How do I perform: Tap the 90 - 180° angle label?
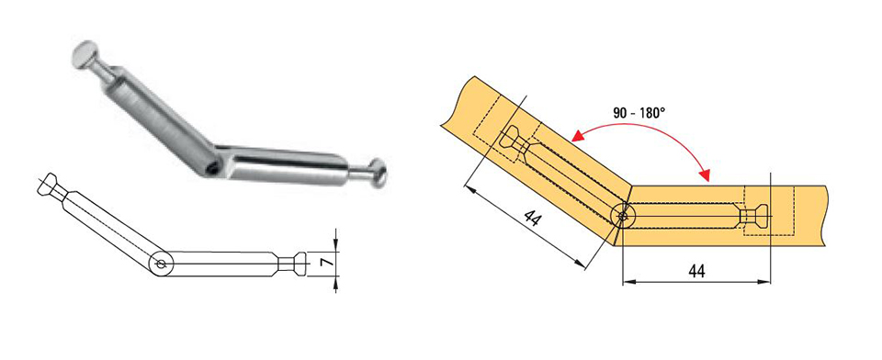639,112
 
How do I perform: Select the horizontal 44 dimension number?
697,271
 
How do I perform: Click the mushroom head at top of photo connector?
85,54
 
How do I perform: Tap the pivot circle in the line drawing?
161,264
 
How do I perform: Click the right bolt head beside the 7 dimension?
300,263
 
